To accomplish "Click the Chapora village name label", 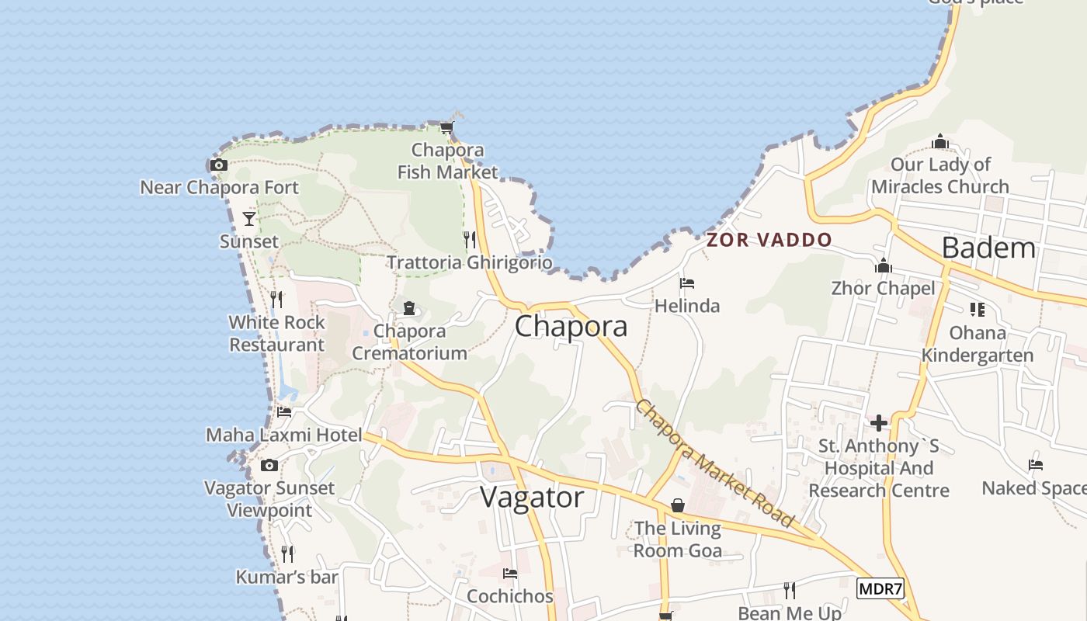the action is coord(571,326).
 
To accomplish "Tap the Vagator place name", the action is coord(532,497).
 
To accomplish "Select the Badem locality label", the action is coord(988,248).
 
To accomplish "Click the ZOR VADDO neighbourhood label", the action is coord(769,240).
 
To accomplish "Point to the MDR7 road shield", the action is coord(880,588).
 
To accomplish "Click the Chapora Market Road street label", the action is coord(715,463).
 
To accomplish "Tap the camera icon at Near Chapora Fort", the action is coord(219,165).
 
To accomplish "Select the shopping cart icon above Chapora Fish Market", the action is coord(446,127).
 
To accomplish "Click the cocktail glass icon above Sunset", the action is coord(248,218).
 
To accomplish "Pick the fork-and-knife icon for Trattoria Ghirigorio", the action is coord(469,238).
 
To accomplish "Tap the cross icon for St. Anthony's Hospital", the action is coord(879,423).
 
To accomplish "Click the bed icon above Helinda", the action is coord(686,283).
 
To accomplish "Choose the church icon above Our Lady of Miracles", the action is coord(940,141).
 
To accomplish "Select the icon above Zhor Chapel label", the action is coord(883,266).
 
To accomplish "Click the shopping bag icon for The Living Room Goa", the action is coord(678,505).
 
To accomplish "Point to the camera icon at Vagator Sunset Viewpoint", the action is coord(269,465).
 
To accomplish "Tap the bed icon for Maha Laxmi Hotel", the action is coord(284,411).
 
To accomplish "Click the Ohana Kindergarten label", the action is coord(977,344).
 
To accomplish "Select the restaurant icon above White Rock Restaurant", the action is coord(276,299).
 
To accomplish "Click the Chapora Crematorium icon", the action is coord(409,308).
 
